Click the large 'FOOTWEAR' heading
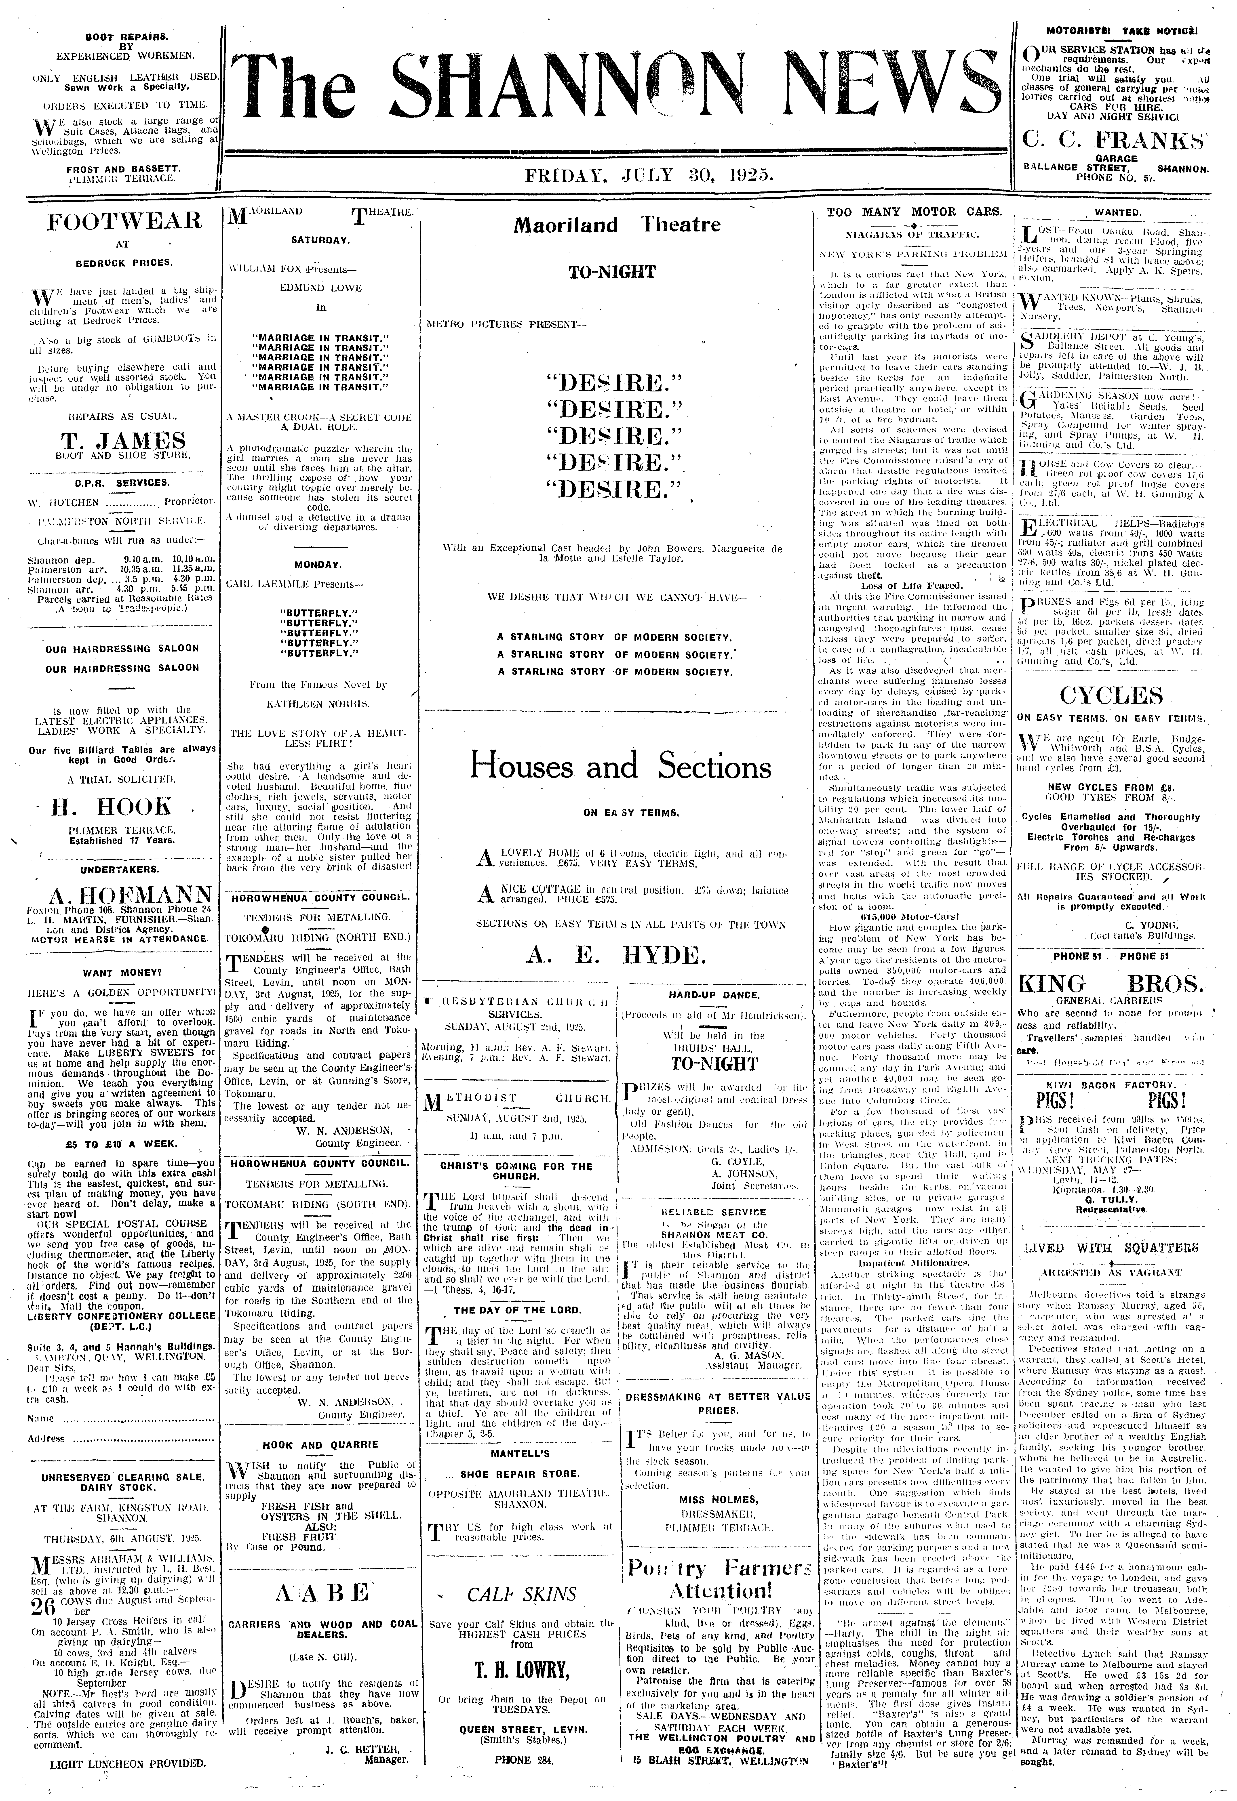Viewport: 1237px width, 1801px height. pyautogui.click(x=124, y=222)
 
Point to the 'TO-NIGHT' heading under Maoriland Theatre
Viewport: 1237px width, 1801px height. pyautogui.click(x=611, y=272)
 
